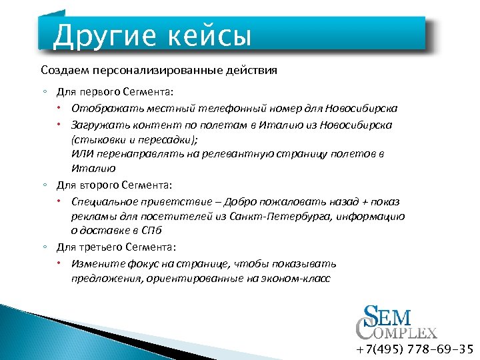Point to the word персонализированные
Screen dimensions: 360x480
(156, 69)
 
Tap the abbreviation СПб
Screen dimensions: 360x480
(151, 231)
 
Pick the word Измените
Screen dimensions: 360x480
(95, 263)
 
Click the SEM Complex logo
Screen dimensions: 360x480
(396, 323)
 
